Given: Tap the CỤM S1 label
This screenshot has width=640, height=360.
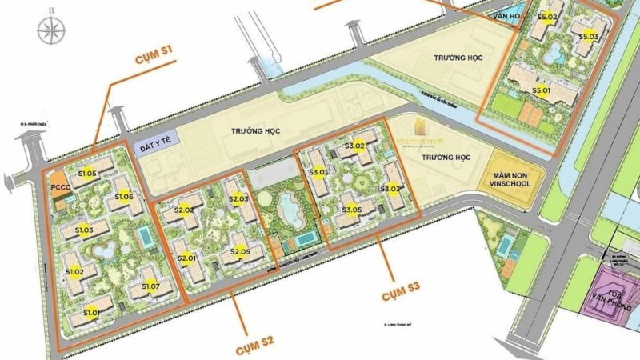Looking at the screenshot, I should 154,54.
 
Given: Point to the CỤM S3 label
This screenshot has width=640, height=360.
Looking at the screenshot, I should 399,286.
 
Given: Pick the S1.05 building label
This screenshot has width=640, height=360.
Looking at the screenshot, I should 87,172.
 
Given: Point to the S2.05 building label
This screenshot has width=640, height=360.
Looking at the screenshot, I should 240,251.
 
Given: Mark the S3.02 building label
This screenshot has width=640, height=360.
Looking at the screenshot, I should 354,146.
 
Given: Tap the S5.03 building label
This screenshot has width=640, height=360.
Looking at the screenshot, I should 588,36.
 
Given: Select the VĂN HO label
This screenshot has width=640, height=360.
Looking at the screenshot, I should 506,15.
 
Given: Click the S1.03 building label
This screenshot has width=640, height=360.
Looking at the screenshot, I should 85,230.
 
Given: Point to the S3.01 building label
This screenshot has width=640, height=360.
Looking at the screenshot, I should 318,171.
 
